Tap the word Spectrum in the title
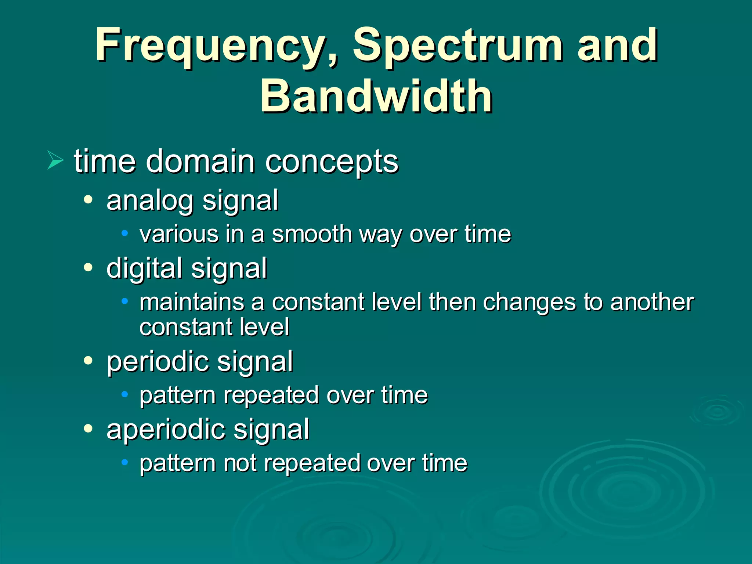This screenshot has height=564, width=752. (x=458, y=46)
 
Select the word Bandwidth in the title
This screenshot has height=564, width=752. (x=376, y=97)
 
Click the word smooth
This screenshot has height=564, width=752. (x=312, y=234)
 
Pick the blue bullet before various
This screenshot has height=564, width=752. (x=125, y=233)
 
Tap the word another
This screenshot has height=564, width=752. (x=652, y=302)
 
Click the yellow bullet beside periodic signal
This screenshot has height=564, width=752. (x=88, y=361)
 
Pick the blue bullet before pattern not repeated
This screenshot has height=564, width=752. (x=125, y=462)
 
